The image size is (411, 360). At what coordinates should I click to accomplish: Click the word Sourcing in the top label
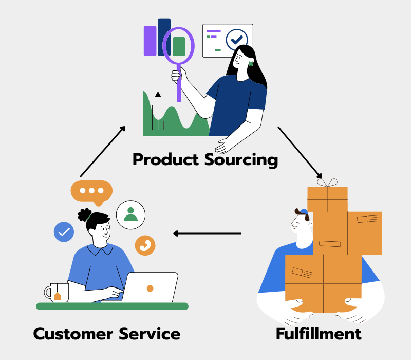click(x=241, y=159)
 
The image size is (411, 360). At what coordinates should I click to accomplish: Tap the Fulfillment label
click(x=319, y=334)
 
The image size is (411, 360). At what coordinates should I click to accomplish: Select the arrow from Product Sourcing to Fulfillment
click(x=301, y=152)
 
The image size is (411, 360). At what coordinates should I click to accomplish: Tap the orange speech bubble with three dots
click(x=91, y=191)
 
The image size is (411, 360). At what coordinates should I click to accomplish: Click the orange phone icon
click(x=145, y=245)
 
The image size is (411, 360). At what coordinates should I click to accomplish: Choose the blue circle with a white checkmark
click(x=64, y=232)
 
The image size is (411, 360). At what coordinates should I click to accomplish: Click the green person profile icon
click(x=130, y=214)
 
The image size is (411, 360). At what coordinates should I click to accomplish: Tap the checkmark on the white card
click(x=237, y=39)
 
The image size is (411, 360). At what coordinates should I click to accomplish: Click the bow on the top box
click(x=327, y=183)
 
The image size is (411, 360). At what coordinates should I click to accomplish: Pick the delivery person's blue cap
click(x=303, y=211)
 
